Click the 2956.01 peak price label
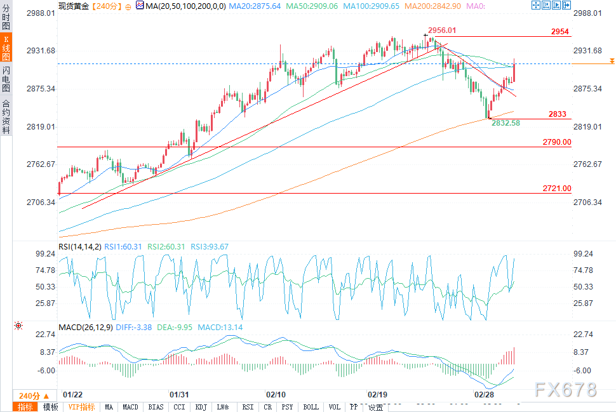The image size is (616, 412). [442, 30]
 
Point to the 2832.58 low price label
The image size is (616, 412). [506, 123]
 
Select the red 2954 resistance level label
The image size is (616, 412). [559, 32]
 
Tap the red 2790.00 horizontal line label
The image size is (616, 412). [557, 142]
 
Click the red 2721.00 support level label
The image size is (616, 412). [557, 189]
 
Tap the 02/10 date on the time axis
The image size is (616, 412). [275, 394]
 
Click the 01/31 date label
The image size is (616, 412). [178, 394]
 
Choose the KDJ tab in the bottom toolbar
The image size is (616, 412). [201, 407]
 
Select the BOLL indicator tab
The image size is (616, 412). [311, 407]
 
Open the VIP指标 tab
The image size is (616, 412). [81, 407]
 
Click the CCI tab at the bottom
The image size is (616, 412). [179, 407]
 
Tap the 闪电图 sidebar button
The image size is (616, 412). [6, 78]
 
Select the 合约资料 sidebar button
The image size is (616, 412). [6, 116]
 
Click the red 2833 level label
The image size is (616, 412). [558, 114]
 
